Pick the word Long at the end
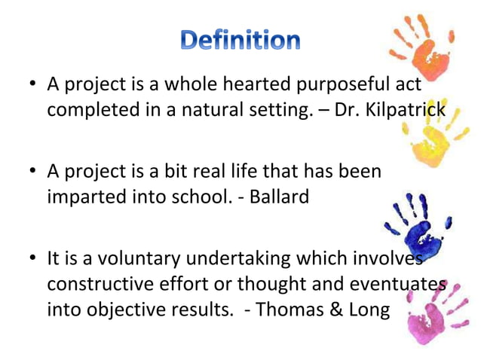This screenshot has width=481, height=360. click(367, 310)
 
